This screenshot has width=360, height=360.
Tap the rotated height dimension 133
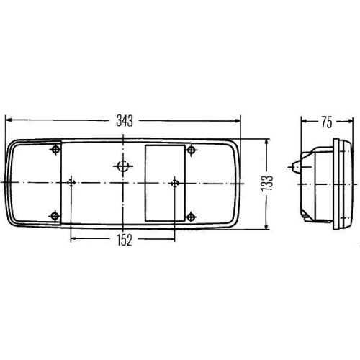267,184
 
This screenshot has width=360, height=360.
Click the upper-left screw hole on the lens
56,150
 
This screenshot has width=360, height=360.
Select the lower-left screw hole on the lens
56,215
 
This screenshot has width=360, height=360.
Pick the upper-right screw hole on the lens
191,150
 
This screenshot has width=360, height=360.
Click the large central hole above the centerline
123,167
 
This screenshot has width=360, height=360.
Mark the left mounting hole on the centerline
71,182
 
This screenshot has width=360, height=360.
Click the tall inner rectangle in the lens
164,182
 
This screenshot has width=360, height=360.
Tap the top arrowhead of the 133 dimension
267,142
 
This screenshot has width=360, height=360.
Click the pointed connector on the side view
296,168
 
